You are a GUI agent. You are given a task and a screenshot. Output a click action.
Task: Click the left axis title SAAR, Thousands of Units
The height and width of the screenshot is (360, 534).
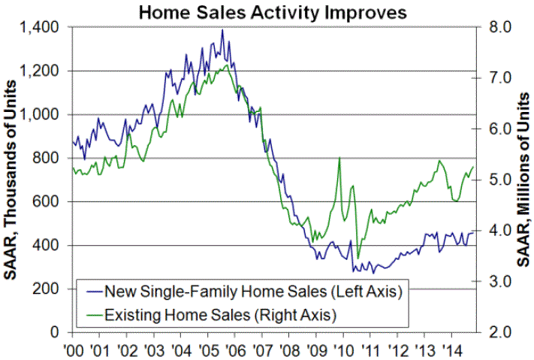pos(13,180)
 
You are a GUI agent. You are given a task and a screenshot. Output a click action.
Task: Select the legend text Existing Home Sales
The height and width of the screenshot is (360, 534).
pos(195,312)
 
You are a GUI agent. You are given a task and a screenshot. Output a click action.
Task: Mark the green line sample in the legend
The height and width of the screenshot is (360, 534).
pos(93,312)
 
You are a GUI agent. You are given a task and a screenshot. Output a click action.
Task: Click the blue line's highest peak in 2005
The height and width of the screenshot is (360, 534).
pos(222,30)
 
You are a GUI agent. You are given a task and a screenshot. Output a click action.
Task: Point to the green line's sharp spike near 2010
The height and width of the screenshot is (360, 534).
pos(339,158)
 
